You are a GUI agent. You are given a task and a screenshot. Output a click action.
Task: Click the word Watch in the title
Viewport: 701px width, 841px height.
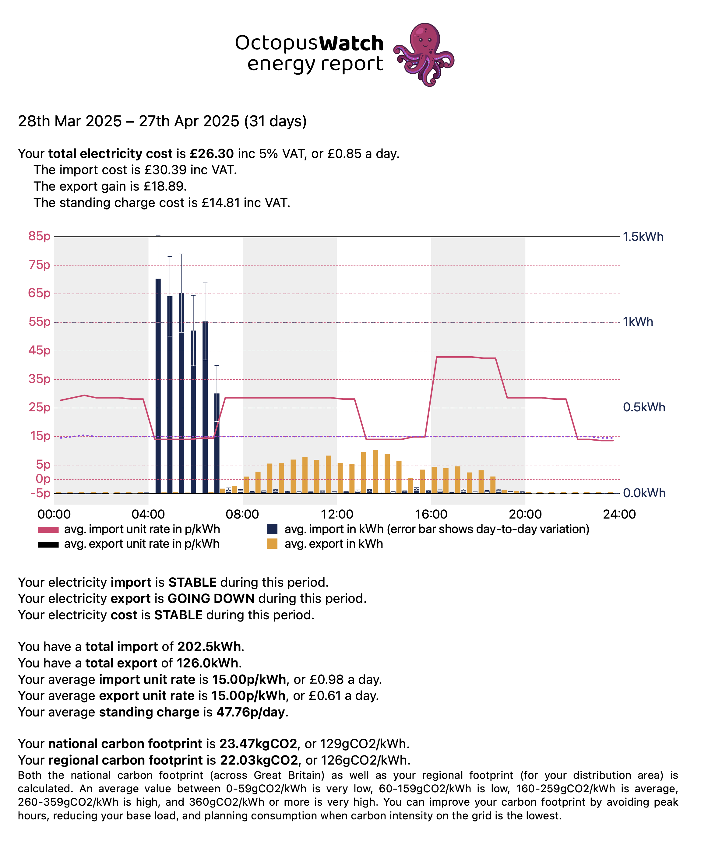click(x=351, y=43)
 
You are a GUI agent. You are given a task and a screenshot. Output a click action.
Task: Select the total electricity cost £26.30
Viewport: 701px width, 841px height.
click(x=212, y=154)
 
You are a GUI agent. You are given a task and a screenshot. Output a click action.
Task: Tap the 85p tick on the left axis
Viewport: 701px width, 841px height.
click(x=39, y=236)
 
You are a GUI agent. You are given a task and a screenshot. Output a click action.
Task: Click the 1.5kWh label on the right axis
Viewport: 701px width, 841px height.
click(x=643, y=237)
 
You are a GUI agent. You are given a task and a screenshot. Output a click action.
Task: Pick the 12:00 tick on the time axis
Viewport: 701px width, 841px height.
click(x=336, y=514)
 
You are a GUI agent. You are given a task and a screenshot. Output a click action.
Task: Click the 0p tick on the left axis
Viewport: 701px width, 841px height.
click(x=43, y=479)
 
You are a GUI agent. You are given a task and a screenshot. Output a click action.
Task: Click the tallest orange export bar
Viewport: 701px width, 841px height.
click(x=375, y=471)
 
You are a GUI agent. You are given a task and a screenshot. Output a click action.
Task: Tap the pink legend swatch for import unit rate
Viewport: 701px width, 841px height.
click(x=48, y=530)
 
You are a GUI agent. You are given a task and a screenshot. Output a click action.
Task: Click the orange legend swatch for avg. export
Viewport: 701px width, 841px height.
click(x=272, y=544)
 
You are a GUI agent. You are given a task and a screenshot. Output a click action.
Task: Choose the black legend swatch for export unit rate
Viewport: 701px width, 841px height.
click(x=48, y=544)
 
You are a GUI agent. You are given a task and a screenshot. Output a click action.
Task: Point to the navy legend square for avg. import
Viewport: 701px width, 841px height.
click(x=272, y=529)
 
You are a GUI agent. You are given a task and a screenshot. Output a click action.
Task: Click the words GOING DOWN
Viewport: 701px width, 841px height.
click(x=211, y=599)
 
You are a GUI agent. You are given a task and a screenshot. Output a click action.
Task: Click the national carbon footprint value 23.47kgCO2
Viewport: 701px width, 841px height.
click(x=258, y=744)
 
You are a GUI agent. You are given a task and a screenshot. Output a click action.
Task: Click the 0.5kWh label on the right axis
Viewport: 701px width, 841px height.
click(x=644, y=407)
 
